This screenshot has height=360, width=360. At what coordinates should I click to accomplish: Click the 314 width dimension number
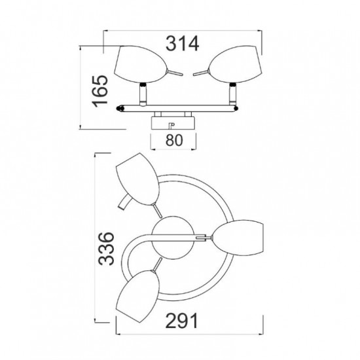(x=182, y=44)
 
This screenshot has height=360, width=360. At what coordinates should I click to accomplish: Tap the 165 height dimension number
(x=100, y=91)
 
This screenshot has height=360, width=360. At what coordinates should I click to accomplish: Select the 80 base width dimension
(x=174, y=140)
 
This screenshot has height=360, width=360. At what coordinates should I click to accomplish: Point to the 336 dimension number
(x=106, y=249)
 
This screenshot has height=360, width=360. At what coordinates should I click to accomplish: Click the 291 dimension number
(x=181, y=321)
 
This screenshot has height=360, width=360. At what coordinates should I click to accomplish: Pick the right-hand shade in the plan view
(x=238, y=237)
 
